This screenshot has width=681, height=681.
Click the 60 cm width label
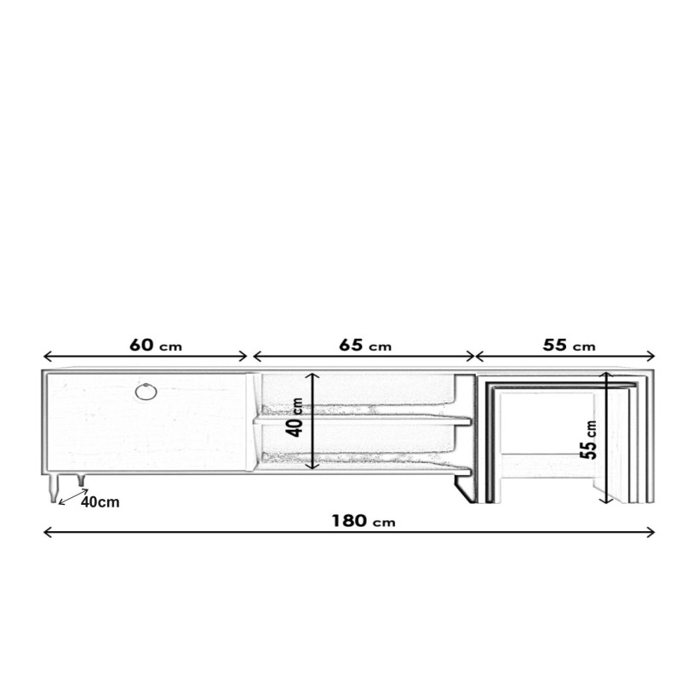tap(156, 346)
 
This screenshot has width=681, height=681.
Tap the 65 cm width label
tap(365, 346)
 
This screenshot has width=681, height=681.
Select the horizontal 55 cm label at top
tap(569, 346)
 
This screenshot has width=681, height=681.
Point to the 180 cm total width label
tap(363, 521)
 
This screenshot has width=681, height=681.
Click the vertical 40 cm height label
tap(295, 417)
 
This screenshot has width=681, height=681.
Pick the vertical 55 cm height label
tap(589, 439)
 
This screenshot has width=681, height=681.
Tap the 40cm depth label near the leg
tap(100, 502)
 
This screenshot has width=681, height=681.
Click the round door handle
tap(146, 392)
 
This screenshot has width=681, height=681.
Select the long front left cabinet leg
tap(53, 489)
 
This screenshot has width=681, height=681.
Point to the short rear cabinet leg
tap(81, 480)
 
